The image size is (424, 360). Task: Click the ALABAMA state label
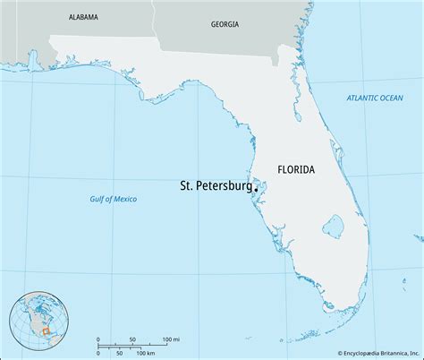81,17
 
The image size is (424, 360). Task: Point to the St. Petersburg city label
214,187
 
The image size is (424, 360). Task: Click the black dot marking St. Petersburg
255,189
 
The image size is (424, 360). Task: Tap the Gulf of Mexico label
114,199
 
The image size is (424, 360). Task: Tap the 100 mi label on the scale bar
171,340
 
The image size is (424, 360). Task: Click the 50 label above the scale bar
132,340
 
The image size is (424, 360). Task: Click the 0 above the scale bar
97,340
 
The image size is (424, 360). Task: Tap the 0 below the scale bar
97,354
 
